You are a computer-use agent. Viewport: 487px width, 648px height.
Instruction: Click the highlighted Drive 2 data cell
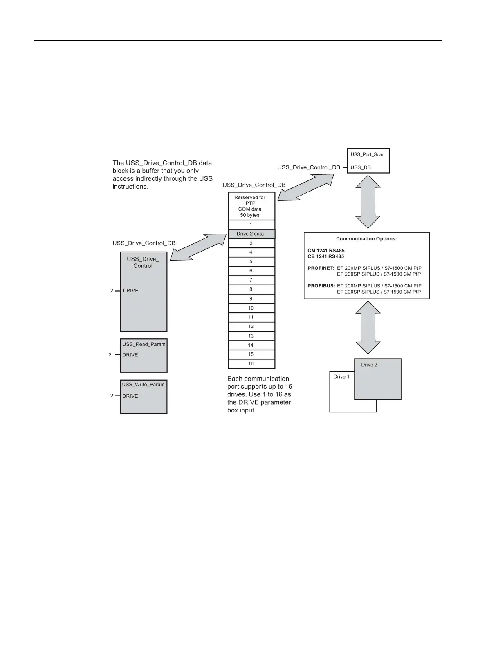tap(251, 234)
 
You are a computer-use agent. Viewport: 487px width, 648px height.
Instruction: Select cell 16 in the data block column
tap(251, 363)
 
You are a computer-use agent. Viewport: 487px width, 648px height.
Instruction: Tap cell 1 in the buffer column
tap(251, 225)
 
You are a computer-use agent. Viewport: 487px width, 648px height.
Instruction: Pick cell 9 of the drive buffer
tap(251, 299)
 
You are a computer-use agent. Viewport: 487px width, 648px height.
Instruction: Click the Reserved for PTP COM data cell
tap(251, 206)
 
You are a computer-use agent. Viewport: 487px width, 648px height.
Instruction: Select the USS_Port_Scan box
tap(368, 160)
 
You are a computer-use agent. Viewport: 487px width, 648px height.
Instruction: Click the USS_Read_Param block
tap(144, 355)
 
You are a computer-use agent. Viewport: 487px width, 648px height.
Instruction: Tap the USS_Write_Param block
tap(144, 396)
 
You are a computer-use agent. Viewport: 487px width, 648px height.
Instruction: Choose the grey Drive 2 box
tap(377, 379)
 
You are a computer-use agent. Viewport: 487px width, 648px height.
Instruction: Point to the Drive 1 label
tap(341, 376)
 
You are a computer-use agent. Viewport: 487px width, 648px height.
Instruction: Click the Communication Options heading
tap(366, 239)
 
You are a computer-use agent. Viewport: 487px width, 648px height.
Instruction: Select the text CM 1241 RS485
tap(326, 251)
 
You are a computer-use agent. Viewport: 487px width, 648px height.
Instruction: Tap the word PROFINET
tap(321, 268)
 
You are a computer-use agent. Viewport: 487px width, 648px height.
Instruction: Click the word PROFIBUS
tap(321, 286)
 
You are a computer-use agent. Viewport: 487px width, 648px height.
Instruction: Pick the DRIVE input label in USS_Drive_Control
tap(131, 291)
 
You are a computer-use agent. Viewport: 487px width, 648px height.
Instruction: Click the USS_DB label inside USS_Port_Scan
tap(361, 167)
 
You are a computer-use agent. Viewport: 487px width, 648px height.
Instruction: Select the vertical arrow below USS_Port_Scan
tap(368, 202)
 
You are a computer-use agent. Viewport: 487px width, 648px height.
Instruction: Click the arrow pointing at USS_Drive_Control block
tap(198, 247)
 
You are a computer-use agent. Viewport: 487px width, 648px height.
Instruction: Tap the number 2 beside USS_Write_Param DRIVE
tap(112, 396)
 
